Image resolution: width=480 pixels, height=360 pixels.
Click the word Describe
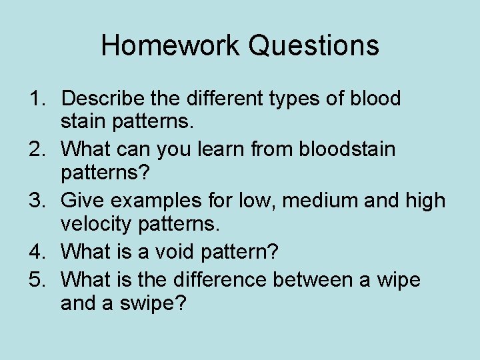[102, 99]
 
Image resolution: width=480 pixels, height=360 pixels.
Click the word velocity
[97, 226]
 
